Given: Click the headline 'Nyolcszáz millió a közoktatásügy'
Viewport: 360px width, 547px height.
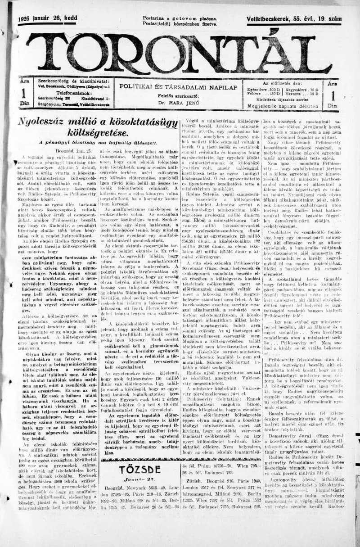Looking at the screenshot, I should pos(98,122).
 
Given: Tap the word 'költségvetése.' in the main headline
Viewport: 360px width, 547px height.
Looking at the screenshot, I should pos(98,133).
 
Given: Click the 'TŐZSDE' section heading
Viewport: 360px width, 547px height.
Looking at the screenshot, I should pos(140,470).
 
